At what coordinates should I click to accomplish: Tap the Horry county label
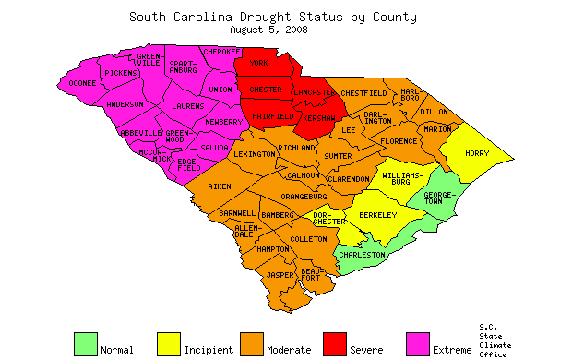click(477, 153)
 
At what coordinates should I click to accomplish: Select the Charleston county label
click(362, 254)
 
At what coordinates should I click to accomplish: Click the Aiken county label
click(219, 186)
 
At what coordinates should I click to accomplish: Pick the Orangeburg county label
click(304, 196)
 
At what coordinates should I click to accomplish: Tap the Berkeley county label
click(376, 215)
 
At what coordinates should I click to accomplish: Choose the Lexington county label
click(254, 154)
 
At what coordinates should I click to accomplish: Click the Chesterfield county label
click(363, 93)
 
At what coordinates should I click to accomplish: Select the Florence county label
click(399, 141)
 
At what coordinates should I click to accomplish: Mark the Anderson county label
click(125, 104)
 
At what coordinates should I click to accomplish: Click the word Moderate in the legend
click(289, 350)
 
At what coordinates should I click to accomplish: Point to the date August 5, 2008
click(268, 30)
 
